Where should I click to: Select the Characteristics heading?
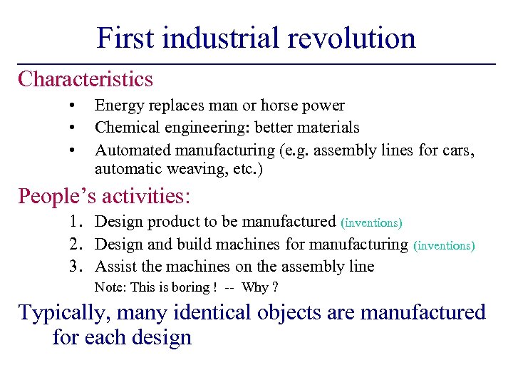coord(85,78)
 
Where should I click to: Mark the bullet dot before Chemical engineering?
coord(73,128)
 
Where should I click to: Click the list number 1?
coord(76,222)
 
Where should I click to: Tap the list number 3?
coord(76,267)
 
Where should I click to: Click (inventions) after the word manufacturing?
coord(443,245)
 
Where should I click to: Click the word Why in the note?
coord(254,287)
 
